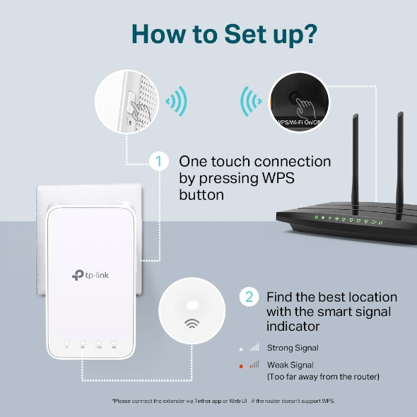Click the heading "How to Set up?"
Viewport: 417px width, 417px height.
click(x=208, y=33)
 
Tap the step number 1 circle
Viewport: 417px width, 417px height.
click(x=160, y=162)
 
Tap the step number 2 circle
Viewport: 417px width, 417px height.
click(x=248, y=296)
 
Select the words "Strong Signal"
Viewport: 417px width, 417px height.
click(x=292, y=348)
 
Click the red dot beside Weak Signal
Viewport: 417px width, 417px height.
click(x=241, y=365)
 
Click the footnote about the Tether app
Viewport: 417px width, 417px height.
click(x=223, y=401)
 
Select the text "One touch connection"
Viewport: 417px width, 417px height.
click(x=254, y=162)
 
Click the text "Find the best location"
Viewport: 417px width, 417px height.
click(x=331, y=296)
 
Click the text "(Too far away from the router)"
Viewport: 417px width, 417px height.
click(x=322, y=377)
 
